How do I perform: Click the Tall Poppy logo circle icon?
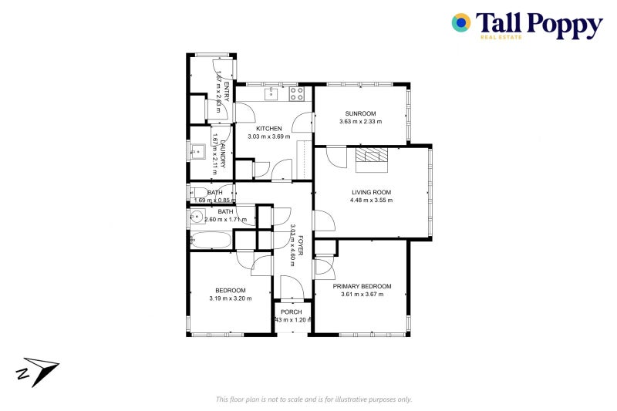461,23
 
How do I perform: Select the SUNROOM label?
360,113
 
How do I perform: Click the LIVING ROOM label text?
372,192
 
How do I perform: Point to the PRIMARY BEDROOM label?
362,285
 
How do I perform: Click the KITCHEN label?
269,129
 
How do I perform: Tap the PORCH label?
292,312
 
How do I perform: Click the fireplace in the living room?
373,157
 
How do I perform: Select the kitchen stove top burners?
297,94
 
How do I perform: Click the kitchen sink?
271,94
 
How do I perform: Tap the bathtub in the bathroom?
210,240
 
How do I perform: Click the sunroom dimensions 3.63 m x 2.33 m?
360,121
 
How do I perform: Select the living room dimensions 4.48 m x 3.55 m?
372,200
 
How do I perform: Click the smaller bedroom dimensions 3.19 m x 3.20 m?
231,298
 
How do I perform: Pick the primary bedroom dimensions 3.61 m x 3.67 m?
362,294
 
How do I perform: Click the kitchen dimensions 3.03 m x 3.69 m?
268,137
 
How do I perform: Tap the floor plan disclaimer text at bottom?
314,399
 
